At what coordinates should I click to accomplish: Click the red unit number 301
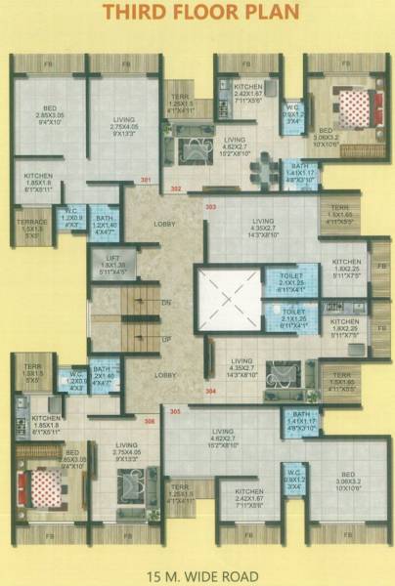click(x=146, y=182)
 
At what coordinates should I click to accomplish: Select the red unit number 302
click(x=177, y=187)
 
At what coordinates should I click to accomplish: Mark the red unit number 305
click(x=175, y=411)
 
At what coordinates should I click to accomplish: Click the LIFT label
click(x=112, y=258)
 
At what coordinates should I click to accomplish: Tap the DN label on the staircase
click(x=166, y=304)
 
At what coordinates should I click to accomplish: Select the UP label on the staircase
click(x=166, y=338)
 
